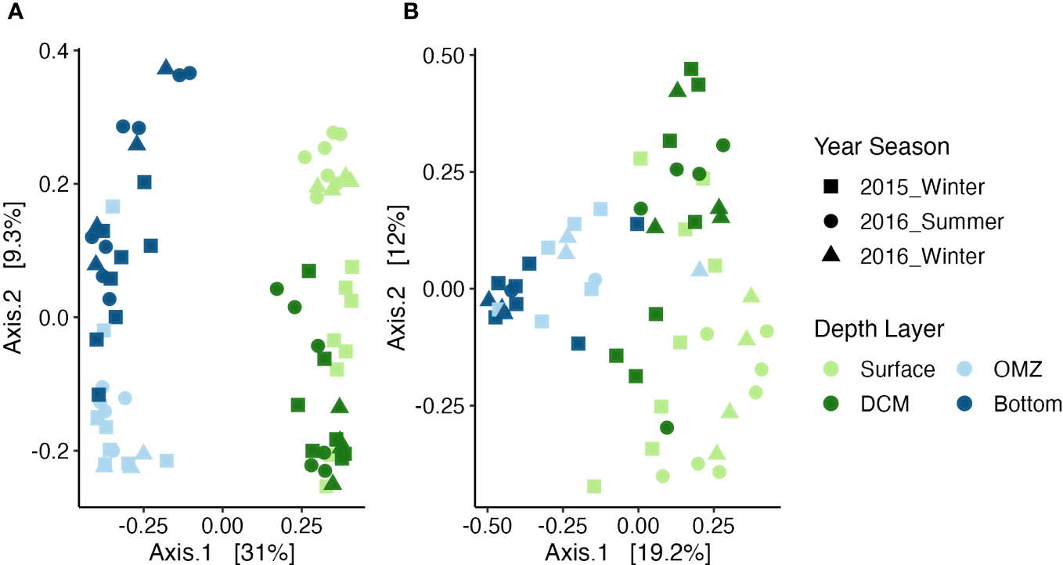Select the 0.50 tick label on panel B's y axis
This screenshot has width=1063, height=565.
[443, 55]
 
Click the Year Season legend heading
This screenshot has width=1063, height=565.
[881, 146]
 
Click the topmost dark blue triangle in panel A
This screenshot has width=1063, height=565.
[165, 67]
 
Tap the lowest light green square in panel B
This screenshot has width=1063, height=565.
[594, 486]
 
